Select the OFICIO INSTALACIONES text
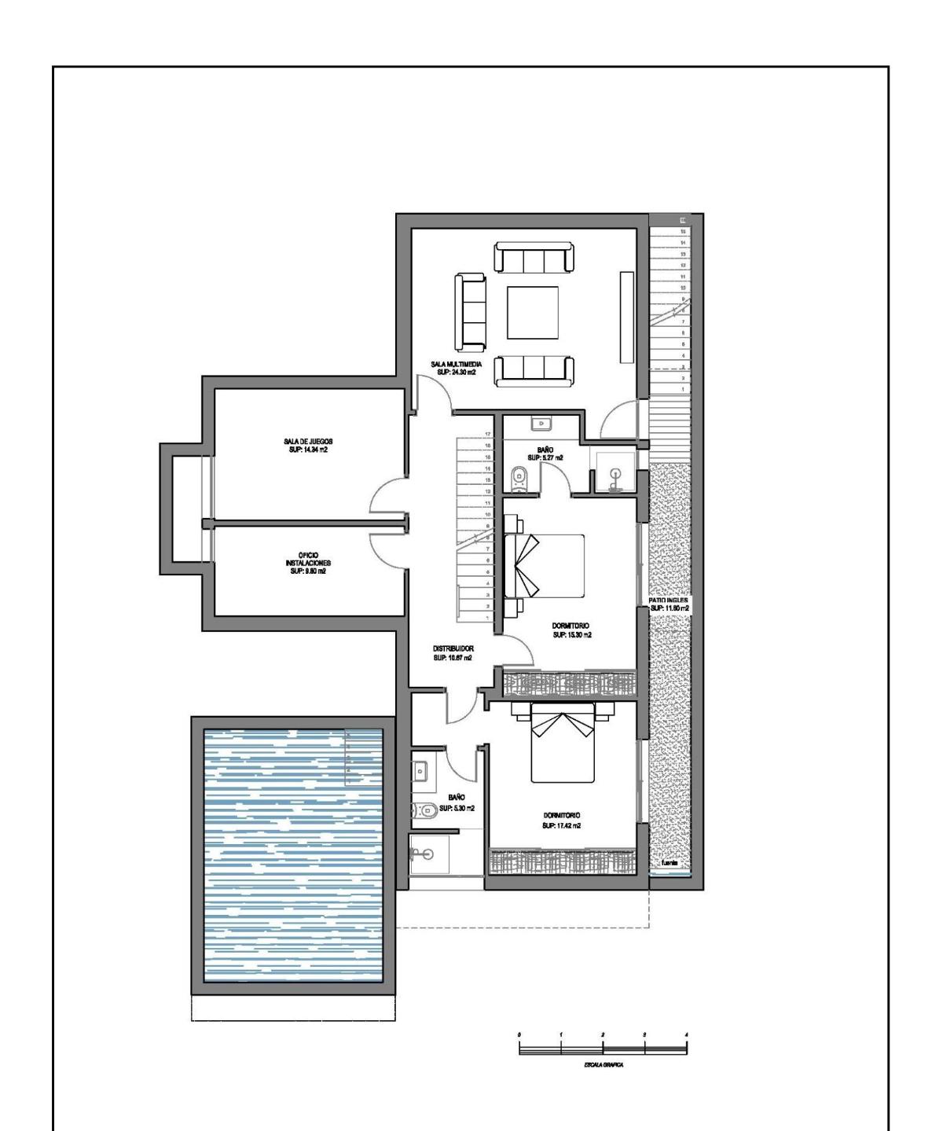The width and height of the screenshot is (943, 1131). coord(308,563)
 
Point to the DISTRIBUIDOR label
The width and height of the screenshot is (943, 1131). coord(453,653)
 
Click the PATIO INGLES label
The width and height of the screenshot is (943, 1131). coord(669,604)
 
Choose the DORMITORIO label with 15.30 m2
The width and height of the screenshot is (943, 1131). coord(571,630)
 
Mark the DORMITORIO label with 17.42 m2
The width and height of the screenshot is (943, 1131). coord(561,821)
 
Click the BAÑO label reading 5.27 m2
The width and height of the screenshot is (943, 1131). coord(545,454)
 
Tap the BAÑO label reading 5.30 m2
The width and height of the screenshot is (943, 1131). coord(457,802)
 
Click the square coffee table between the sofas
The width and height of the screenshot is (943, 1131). coord(532,312)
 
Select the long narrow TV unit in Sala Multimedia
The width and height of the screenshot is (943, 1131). coord(626,318)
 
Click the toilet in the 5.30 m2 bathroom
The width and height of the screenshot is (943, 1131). coord(424,810)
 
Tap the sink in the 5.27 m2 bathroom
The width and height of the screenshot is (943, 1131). coord(541,424)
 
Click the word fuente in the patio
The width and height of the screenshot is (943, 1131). coord(670,863)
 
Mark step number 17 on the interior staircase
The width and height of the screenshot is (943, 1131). coord(488,434)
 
